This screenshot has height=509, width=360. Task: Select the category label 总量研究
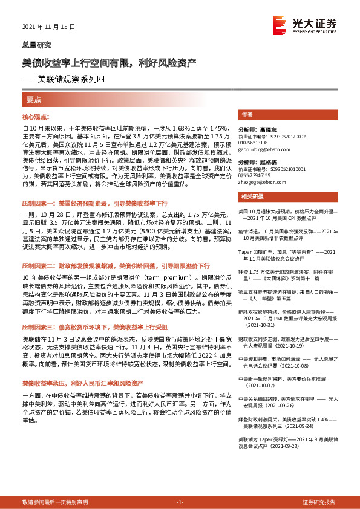[37, 45]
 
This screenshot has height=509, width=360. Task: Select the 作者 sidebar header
[246, 114]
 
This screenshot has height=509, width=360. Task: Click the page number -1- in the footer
[179, 502]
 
